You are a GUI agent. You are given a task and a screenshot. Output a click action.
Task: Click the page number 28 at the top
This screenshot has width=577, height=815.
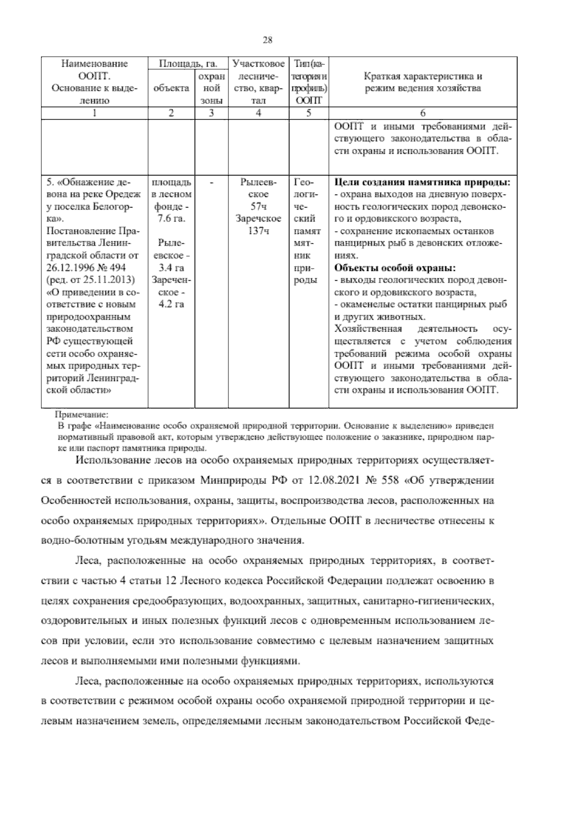point(268,40)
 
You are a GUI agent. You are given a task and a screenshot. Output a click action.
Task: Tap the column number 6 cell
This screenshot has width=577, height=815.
point(423,113)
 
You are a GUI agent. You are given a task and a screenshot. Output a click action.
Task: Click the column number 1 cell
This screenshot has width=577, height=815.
point(94,113)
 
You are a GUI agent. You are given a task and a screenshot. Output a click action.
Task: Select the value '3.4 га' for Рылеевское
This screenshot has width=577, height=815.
point(171,268)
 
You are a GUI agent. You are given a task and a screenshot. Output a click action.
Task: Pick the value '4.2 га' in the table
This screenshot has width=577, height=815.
point(171,304)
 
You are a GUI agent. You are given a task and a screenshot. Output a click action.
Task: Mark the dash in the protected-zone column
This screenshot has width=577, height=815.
point(212,183)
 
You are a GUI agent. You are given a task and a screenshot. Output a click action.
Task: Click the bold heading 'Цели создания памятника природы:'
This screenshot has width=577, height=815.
point(422,183)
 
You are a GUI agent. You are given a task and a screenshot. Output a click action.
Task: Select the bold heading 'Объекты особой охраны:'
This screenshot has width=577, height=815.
point(395,268)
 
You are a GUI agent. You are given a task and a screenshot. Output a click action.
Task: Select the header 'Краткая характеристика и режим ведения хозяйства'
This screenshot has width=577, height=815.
point(423,82)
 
